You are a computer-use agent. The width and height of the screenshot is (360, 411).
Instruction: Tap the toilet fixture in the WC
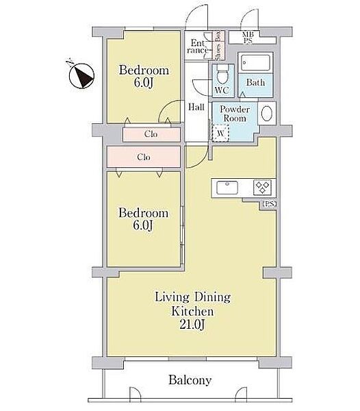point(223,73)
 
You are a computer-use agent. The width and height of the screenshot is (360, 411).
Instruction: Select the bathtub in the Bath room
point(255,62)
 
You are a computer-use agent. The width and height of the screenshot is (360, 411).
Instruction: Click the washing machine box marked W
point(220,133)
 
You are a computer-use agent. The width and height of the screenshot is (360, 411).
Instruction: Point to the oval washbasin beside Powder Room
point(266,113)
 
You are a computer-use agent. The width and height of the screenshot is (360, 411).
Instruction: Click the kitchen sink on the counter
point(227,188)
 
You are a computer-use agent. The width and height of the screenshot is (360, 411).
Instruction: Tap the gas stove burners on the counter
point(262,188)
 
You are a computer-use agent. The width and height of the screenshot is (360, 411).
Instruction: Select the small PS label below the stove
point(269,204)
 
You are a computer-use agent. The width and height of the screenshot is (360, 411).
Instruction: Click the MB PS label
point(248,38)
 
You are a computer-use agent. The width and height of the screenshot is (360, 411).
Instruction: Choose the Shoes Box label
point(218,46)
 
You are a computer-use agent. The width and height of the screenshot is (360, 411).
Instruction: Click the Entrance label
point(197,47)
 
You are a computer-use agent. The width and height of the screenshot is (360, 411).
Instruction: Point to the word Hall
point(196,107)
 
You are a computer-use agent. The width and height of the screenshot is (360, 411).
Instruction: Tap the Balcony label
point(190,380)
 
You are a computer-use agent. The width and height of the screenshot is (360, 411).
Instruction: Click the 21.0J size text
point(192,325)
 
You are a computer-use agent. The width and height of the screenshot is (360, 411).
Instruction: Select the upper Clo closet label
point(151,134)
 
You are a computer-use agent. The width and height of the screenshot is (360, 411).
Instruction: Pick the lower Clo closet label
point(144,158)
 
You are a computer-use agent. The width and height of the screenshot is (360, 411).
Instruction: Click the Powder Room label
point(235,114)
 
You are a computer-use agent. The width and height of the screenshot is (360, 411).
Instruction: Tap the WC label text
point(222,90)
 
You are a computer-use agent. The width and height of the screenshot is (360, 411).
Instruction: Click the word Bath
point(255,83)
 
